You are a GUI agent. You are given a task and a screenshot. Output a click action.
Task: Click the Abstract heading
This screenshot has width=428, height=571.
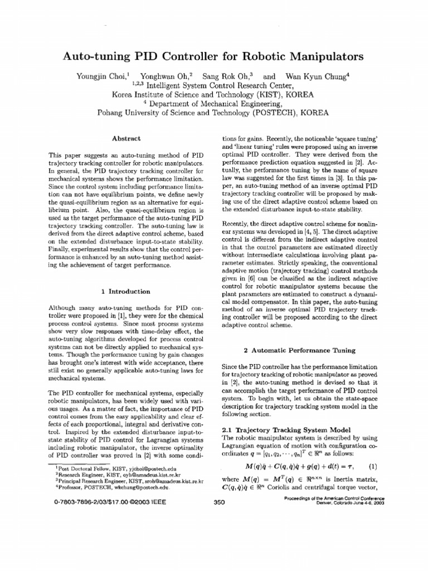click(127, 138)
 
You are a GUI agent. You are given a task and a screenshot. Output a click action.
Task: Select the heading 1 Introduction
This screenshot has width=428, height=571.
click(126, 291)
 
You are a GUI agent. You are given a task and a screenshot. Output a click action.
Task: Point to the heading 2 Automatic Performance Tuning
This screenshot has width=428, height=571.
click(300, 350)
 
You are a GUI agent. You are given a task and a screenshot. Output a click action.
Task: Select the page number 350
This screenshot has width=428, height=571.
click(219, 501)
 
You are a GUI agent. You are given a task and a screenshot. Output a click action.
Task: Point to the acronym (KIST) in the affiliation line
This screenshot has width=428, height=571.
click(267, 94)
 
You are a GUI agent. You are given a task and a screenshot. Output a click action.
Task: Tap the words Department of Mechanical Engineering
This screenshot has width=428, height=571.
click(221, 103)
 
